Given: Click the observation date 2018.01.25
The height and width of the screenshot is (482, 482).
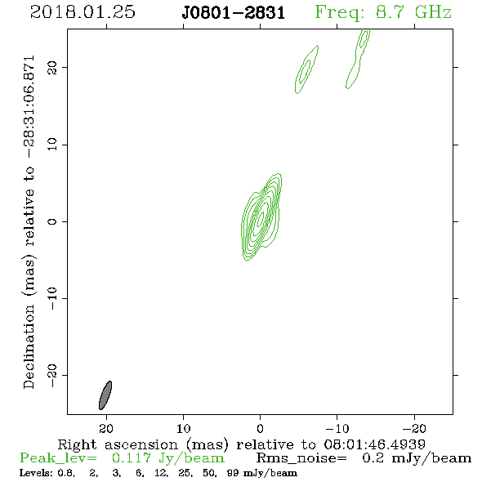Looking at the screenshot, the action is [83, 12].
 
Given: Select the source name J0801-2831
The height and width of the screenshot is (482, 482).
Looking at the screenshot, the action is [234, 13].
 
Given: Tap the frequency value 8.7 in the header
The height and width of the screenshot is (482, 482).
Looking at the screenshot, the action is [390, 12].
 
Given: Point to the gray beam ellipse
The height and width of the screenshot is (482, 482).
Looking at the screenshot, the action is [105, 395].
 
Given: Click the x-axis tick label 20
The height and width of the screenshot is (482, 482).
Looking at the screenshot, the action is [106, 428].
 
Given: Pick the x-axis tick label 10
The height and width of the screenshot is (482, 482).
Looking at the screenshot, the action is [184, 428].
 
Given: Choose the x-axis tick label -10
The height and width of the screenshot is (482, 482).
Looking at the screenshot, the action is [337, 428].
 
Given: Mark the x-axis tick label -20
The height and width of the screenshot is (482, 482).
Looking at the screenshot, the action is [414, 428].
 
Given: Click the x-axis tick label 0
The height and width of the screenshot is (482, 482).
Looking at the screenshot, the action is [260, 428].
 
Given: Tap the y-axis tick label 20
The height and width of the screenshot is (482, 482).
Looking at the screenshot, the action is [52, 68].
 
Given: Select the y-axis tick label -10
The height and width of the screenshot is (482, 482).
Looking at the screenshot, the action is [52, 298].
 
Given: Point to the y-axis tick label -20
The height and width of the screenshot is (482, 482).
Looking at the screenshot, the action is [52, 375].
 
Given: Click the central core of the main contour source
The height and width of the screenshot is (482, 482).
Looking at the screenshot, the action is [261, 218].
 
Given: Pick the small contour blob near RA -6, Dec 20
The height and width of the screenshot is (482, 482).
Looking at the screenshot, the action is [306, 69].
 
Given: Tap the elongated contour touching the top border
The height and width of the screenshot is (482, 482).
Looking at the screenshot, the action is [358, 58].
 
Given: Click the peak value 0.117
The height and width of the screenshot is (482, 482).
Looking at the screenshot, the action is [131, 458].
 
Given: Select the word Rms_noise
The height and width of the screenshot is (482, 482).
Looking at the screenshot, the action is [301, 458].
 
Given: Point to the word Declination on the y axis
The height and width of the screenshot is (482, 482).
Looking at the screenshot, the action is [29, 346].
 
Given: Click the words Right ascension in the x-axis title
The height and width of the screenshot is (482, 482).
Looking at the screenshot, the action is [118, 444].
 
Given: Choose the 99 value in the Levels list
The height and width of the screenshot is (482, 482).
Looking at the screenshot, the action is [233, 473].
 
